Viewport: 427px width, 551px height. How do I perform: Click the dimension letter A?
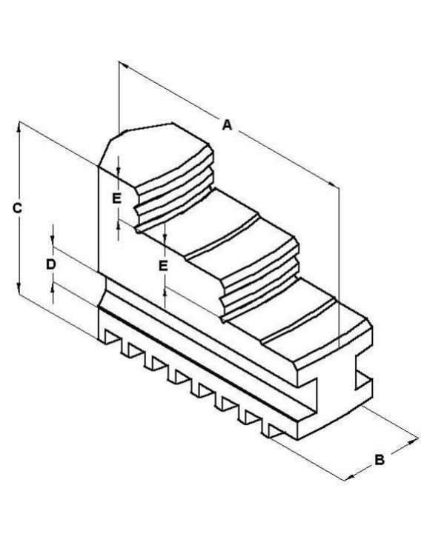pyautogui.click(x=228, y=124)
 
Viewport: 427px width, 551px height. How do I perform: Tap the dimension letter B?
pyautogui.click(x=379, y=460)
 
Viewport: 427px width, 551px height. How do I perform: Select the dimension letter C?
pyautogui.click(x=17, y=208)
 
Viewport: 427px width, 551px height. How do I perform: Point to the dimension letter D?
pyautogui.click(x=51, y=264)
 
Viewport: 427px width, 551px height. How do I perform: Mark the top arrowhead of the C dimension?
pyautogui.click(x=19, y=127)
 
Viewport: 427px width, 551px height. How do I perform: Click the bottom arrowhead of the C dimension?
pyautogui.click(x=19, y=289)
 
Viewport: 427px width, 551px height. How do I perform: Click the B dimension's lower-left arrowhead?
pyautogui.click(x=348, y=478)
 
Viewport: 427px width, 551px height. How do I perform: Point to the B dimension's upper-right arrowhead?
pyautogui.click(x=413, y=441)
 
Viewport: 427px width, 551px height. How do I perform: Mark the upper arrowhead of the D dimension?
pyautogui.click(x=53, y=241)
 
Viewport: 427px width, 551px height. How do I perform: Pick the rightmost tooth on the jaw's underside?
pyautogui.click(x=274, y=430)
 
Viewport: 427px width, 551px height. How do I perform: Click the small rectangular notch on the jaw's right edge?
pyautogui.click(x=363, y=379)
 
